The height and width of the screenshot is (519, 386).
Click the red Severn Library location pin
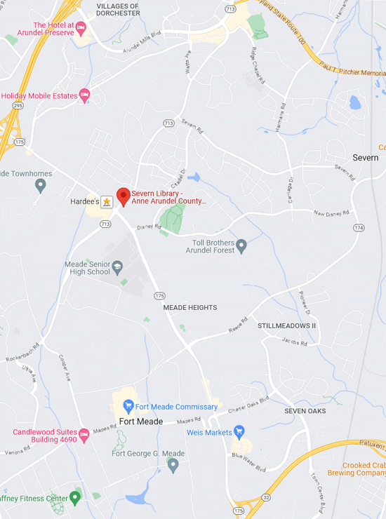click(x=124, y=196)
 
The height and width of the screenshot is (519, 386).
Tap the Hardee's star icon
click(x=107, y=202)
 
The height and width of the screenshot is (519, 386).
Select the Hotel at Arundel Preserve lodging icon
click(x=80, y=28)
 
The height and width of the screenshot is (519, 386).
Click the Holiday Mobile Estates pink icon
click(x=85, y=95)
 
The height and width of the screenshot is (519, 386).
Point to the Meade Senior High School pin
click(x=117, y=267)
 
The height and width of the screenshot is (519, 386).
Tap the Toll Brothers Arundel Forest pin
click(x=241, y=246)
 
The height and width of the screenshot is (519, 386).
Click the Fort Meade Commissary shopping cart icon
click(x=128, y=406)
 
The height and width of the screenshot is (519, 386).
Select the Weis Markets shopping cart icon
click(x=239, y=432)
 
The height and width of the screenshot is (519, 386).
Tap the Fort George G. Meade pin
click(x=173, y=464)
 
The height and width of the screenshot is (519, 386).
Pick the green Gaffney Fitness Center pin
click(x=75, y=498)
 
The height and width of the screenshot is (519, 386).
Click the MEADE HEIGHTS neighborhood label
click(x=189, y=308)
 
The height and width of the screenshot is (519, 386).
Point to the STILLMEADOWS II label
click(x=286, y=326)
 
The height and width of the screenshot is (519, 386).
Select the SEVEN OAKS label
click(x=305, y=411)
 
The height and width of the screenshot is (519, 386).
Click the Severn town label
click(x=365, y=158)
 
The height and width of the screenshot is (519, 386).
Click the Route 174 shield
click(x=359, y=228)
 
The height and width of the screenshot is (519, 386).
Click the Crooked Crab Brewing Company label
click(x=364, y=469)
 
